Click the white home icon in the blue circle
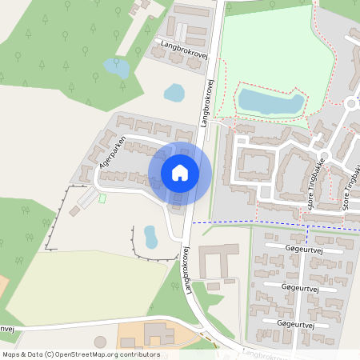tap(179, 172)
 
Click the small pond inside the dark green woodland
tap(116, 68)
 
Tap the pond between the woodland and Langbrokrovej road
tap(174, 92)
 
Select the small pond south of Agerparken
tap(150, 236)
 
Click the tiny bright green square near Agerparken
tap(102, 198)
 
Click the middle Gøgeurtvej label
tap(302, 286)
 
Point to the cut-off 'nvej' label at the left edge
tap(6, 329)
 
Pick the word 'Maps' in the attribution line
tap(12, 354)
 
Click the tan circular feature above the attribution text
tap(100, 342)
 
